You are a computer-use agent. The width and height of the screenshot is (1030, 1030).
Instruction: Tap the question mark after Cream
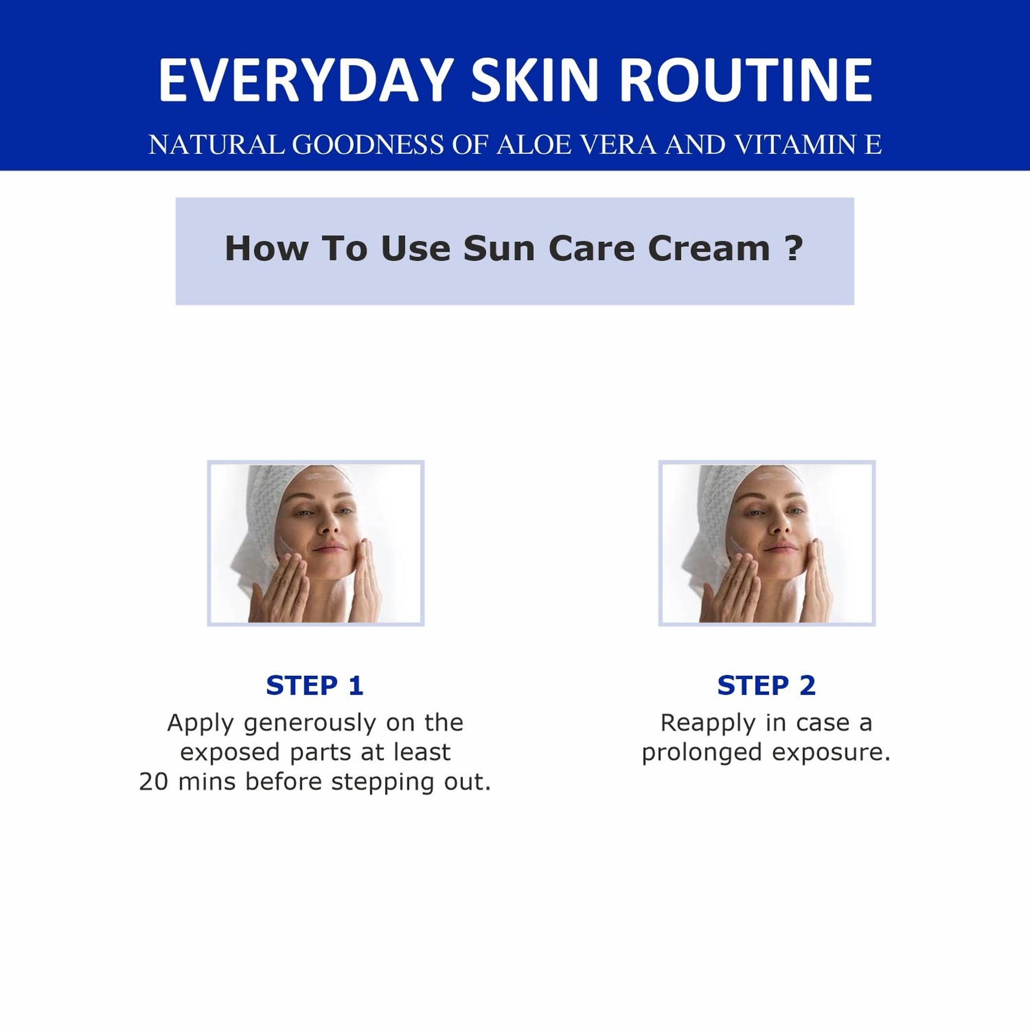click(x=794, y=248)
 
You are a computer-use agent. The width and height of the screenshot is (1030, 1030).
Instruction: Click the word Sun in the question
click(x=499, y=248)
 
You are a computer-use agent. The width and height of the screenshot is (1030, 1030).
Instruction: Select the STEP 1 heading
click(x=315, y=685)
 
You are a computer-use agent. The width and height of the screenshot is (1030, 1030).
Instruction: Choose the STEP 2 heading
click(x=767, y=685)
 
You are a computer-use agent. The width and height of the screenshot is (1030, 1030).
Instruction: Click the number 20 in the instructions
click(x=155, y=782)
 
